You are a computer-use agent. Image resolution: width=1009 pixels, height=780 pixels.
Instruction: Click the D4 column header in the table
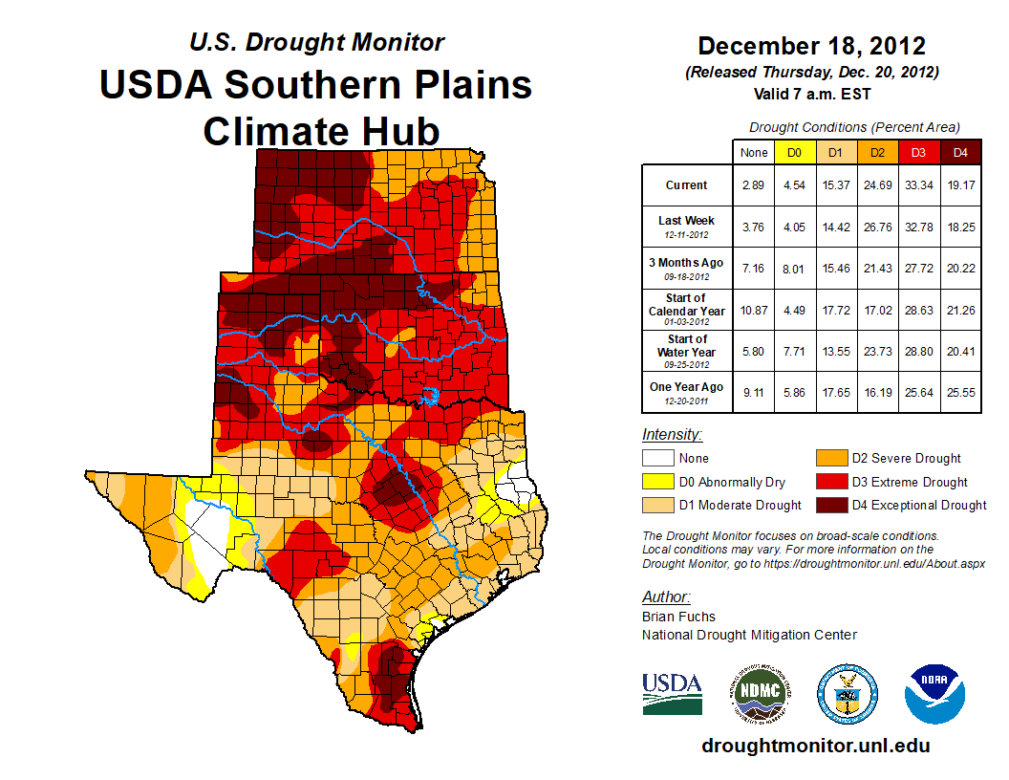(961, 152)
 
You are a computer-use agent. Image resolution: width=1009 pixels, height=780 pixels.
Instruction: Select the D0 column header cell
(794, 152)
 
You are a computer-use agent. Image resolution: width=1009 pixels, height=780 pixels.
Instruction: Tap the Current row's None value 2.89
(754, 185)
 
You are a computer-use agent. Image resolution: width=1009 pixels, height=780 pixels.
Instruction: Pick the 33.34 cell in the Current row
(918, 185)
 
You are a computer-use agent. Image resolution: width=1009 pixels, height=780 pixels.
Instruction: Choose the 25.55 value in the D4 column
(961, 392)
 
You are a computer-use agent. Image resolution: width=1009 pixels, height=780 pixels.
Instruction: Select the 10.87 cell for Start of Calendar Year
(754, 310)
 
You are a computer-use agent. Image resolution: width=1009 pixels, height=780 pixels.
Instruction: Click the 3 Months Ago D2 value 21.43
(878, 269)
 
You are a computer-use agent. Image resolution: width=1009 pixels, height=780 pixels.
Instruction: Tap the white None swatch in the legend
(657, 459)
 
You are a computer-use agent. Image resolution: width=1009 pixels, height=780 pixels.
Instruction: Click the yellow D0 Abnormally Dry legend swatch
(657, 483)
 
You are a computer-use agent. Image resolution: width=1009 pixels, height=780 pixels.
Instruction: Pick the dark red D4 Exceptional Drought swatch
(831, 506)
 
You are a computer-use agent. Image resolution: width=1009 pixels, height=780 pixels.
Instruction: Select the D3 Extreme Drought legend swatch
(831, 483)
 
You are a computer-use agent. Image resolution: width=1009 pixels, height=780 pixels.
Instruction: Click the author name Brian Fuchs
(678, 617)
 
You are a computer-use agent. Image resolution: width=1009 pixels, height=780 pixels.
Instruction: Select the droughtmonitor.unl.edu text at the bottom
(815, 746)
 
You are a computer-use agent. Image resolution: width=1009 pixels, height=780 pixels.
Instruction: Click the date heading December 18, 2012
(811, 46)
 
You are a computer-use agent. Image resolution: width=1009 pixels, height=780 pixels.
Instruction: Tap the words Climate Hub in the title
(321, 130)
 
